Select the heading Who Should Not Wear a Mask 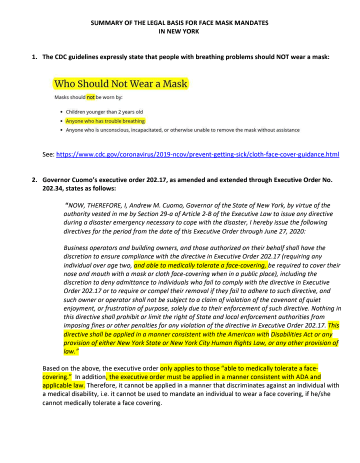click(x=120, y=83)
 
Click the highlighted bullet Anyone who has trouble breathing click(x=105, y=121)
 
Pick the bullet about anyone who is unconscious click(x=182, y=130)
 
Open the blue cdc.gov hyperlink click(x=197, y=155)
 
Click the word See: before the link click(x=48, y=155)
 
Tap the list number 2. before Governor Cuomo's click(x=34, y=179)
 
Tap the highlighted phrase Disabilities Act click(x=292, y=334)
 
